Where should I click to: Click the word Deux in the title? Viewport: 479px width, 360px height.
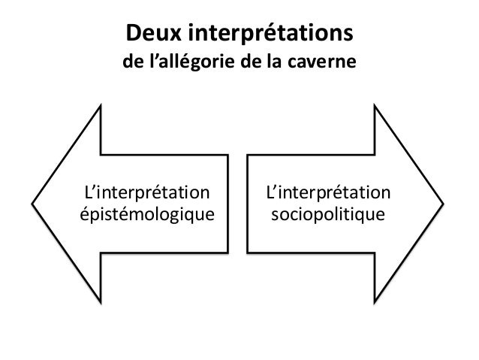point(154,33)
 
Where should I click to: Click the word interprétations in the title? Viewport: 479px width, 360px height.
point(271,34)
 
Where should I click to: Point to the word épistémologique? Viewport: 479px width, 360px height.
point(147,214)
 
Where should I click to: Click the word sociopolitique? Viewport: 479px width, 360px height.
point(328,214)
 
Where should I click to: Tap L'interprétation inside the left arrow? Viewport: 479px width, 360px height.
point(147,192)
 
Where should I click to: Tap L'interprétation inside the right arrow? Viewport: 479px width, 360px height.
point(328,192)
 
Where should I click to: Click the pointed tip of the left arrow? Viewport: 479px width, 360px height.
point(32,204)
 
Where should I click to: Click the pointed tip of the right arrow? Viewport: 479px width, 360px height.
point(443,204)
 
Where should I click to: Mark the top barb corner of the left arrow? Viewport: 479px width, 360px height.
point(101,106)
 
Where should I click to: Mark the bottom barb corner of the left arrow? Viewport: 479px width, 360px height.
point(101,302)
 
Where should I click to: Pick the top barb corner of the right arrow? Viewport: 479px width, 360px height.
point(375,106)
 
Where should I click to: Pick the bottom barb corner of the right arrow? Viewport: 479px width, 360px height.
point(375,302)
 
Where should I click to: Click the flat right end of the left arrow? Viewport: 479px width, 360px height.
point(228,204)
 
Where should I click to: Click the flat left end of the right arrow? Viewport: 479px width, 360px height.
point(248,204)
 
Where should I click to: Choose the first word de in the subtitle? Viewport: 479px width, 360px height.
point(133,61)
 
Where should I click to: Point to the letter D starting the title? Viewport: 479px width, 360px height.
point(133,33)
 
